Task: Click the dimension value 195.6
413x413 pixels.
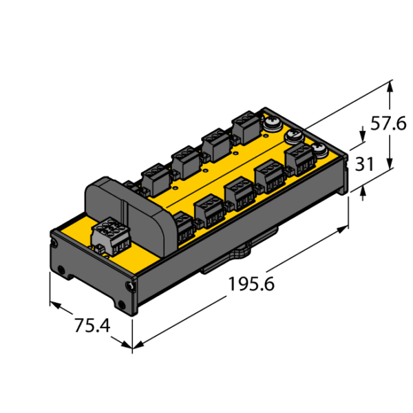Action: pyautogui.click(x=251, y=284)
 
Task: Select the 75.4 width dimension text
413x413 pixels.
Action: pyautogui.click(x=92, y=326)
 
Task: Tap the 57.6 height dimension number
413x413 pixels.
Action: pyautogui.click(x=388, y=123)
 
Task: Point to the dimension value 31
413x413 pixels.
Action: pyautogui.click(x=365, y=164)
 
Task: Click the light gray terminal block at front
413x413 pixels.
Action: pyautogui.click(x=112, y=236)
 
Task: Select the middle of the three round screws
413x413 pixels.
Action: pyautogui.click(x=294, y=137)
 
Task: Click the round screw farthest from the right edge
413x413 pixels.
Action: pyautogui.click(x=272, y=123)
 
